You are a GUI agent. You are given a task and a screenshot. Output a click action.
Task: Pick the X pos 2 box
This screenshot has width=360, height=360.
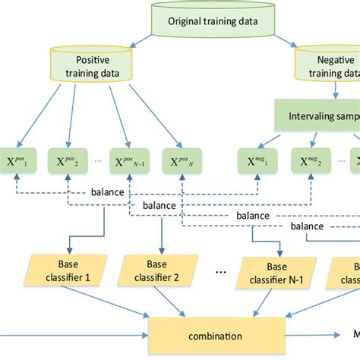click(69, 161)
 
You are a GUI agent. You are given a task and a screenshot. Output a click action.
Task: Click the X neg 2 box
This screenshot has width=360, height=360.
click(308, 161)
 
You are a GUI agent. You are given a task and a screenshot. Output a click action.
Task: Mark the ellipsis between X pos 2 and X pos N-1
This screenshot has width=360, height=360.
click(96, 161)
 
